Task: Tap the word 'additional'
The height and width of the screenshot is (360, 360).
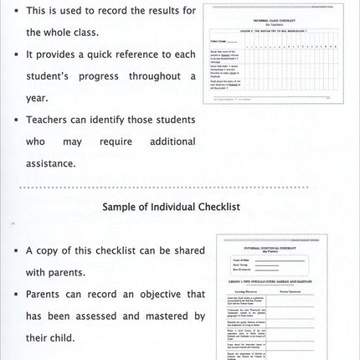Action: point(172,141)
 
